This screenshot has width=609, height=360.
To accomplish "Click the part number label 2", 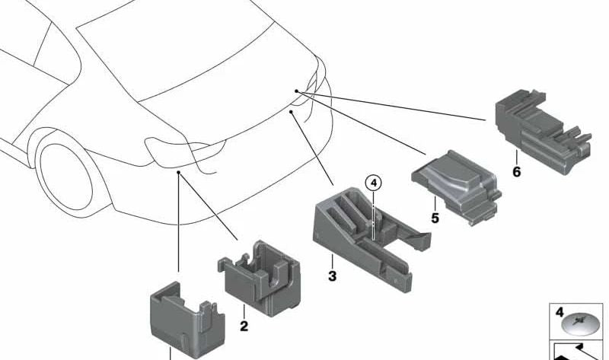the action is [x=244, y=326].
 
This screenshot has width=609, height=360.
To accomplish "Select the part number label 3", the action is [x=332, y=276].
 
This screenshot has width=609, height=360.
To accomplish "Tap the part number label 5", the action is [x=435, y=218].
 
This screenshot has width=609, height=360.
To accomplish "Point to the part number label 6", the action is [x=517, y=171].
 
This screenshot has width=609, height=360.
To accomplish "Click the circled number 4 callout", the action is [x=374, y=183].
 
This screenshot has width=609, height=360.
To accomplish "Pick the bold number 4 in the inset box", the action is [x=560, y=312].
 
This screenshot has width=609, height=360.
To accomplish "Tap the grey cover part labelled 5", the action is [x=456, y=186].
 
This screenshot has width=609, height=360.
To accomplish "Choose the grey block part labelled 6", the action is [x=544, y=130].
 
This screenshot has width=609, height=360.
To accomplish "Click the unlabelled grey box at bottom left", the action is [x=187, y=319].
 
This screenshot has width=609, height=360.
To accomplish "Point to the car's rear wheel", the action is [x=66, y=177].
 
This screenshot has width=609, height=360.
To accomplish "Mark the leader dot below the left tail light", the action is [x=178, y=172].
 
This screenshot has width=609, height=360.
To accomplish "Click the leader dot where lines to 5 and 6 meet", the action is [x=296, y=91].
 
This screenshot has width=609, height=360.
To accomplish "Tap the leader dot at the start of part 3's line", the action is [x=291, y=111].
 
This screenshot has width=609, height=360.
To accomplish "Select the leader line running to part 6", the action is [x=391, y=106].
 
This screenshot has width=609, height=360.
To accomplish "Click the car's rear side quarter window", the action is [x=59, y=54].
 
